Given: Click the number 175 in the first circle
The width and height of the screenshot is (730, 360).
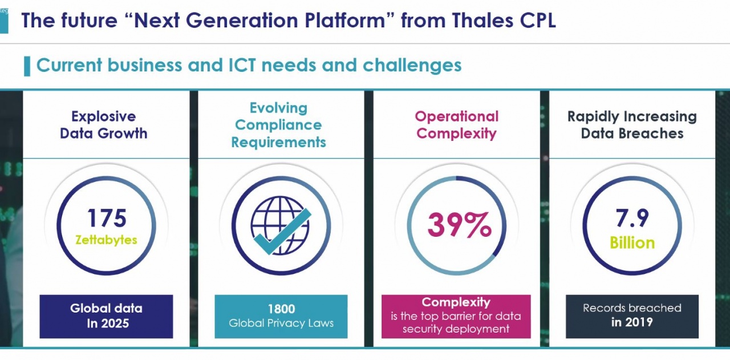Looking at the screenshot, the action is tap(107, 218).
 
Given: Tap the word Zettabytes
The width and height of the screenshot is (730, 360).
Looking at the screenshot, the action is tap(106, 240).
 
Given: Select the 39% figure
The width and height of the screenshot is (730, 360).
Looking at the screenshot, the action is tap(459, 225).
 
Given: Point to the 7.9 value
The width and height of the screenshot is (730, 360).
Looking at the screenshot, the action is tap(632, 218).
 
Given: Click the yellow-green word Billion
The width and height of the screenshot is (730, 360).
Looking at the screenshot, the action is tap(632, 243).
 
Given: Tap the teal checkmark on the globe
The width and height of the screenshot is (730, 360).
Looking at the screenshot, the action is tap(282, 232).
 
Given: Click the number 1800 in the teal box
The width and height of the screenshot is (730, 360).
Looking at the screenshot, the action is tap(281, 309).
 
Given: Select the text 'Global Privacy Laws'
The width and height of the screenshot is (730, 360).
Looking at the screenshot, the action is tap(281, 323).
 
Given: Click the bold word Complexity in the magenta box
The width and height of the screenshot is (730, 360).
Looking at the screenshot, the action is tap(456, 302).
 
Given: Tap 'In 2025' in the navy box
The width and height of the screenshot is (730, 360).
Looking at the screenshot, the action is tap(108, 323).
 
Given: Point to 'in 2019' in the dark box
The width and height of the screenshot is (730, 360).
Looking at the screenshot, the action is tap(632, 322).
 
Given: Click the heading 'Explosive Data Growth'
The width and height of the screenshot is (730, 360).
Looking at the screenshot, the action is tap(104, 125).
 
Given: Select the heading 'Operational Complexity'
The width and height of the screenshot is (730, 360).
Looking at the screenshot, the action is tap(457, 125).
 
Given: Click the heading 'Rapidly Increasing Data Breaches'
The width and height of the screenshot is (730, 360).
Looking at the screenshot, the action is tap(632, 125).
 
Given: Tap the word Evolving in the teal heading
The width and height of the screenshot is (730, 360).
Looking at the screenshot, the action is tap(279, 108).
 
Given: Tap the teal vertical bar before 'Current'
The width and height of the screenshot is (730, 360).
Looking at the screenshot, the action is tap(27, 66).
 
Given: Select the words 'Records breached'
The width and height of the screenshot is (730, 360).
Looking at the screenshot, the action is tap(632, 308).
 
